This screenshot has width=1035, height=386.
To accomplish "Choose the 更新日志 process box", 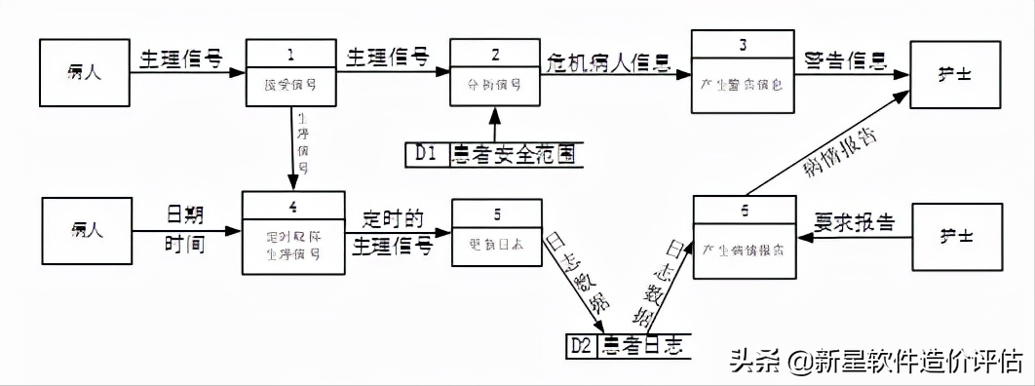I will pos(495,232).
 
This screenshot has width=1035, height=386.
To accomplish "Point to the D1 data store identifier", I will pos(425,154).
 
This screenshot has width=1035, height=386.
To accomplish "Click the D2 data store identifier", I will pos(583,345).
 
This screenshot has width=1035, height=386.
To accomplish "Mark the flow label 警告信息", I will pos(846,61).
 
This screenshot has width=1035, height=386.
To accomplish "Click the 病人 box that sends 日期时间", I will pos(88,231).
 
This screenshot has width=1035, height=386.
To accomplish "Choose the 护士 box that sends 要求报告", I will pos(956,235).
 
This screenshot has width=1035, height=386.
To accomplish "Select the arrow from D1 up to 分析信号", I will pos(496,124).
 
